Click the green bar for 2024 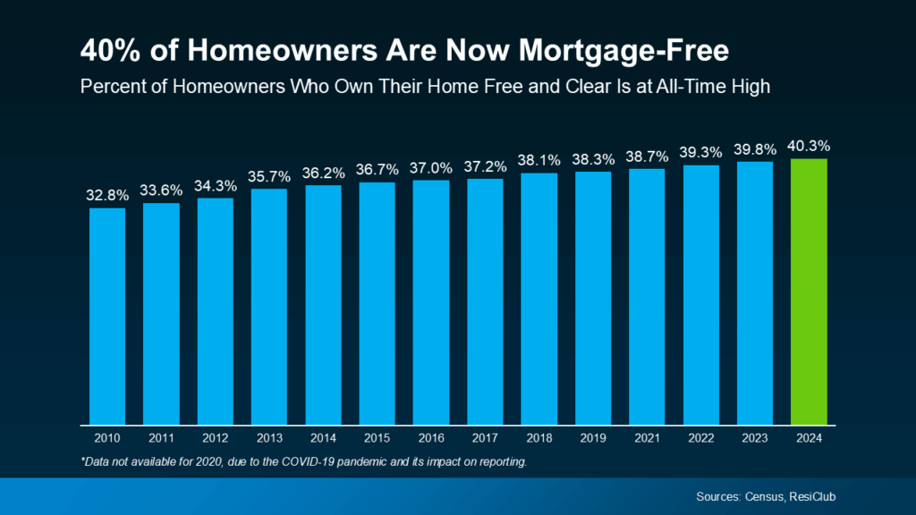point(809,291)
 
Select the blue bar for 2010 point(106,315)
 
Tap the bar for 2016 point(431,301)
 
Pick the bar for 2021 point(647,296)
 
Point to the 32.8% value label point(106,194)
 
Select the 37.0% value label point(431,167)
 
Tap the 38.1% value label point(539,160)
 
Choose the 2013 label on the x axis point(269,439)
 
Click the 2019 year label point(593,439)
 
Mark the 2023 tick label point(755,439)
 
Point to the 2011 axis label point(161,439)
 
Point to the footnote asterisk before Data point(82,460)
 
